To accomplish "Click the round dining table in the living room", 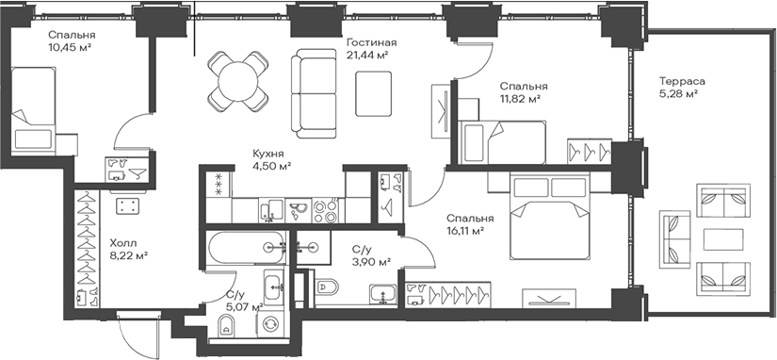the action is (237, 81).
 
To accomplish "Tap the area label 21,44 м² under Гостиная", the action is (366, 56).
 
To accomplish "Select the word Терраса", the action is (682, 82).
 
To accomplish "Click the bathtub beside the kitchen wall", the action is (246, 247).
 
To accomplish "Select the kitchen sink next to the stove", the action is (299, 211).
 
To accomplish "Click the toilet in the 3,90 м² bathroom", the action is (327, 287).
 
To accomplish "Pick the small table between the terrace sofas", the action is (723, 240).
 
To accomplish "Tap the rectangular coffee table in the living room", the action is (374, 93).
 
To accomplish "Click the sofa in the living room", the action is (314, 93).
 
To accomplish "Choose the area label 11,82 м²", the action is (520, 98).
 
